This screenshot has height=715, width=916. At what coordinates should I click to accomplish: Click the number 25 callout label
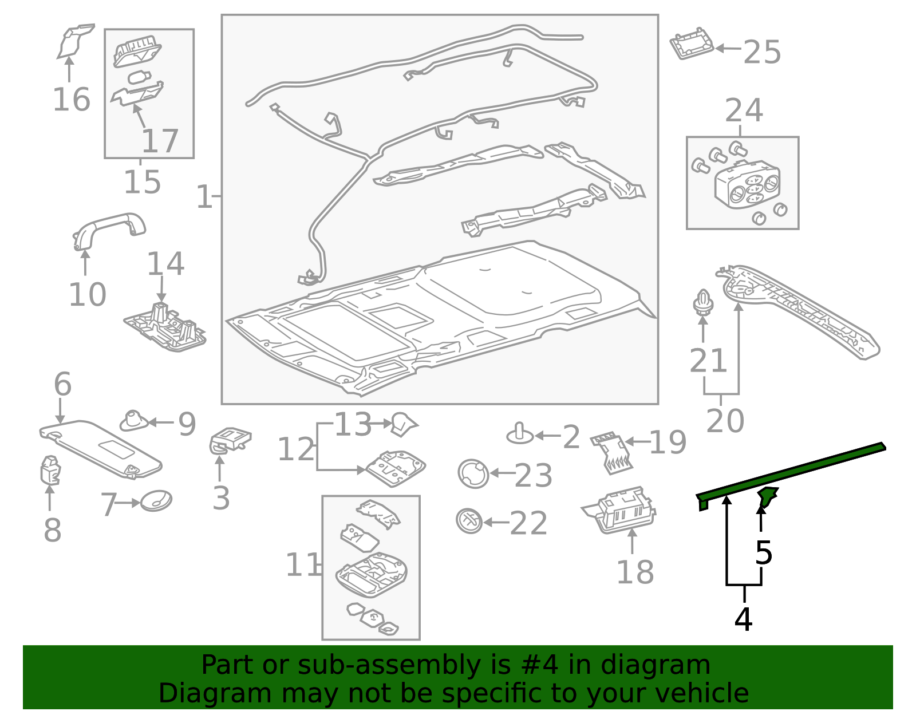[x=762, y=52]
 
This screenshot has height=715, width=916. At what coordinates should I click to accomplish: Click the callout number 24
[x=744, y=110]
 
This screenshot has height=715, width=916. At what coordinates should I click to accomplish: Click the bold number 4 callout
[x=743, y=619]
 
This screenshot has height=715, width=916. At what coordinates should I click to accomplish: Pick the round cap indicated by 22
[x=469, y=521]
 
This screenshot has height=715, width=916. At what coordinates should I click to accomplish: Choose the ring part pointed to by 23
[x=473, y=474]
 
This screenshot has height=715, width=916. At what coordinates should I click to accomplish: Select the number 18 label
[x=635, y=572]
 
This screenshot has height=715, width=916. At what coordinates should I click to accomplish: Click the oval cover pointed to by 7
[x=156, y=501]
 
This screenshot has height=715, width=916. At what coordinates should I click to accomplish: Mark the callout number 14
[x=165, y=264]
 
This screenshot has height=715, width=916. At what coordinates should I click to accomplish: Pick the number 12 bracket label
[x=296, y=449]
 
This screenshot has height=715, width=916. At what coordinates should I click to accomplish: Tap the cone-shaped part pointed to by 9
[x=134, y=421]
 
